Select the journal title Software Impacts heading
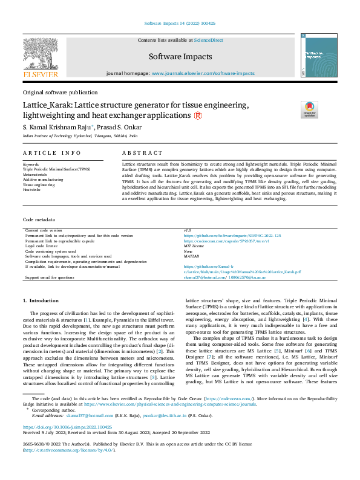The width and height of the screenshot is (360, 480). click(x=180, y=57)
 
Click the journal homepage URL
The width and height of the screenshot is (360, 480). click(x=203, y=73)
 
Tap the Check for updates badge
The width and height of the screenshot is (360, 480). click(x=309, y=109)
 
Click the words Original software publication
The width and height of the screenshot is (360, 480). click(x=60, y=92)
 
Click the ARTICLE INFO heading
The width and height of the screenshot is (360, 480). click(x=51, y=154)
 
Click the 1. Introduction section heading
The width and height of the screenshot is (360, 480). click(x=41, y=300)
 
